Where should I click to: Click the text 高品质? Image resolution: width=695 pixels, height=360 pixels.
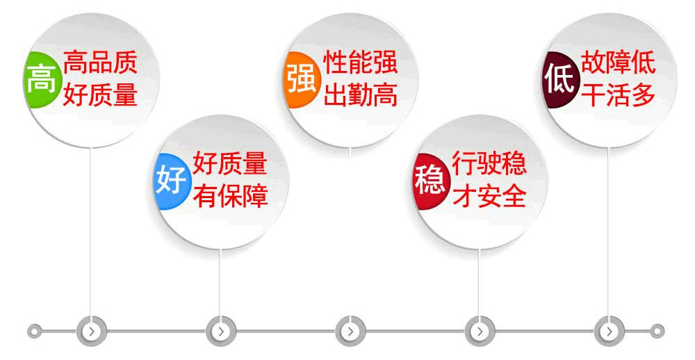100,62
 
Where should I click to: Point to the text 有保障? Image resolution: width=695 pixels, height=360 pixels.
231,197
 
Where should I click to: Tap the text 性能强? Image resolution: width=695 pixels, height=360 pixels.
360,62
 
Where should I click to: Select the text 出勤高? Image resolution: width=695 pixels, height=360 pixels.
360,95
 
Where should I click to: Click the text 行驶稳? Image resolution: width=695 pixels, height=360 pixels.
489,163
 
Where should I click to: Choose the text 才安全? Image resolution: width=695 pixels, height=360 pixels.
489,197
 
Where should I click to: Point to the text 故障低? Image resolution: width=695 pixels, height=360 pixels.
619,62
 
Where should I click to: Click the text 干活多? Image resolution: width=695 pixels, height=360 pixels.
619,95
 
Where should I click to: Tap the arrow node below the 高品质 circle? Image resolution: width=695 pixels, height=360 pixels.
92,332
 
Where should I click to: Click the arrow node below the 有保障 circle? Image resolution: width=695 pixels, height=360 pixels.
221,332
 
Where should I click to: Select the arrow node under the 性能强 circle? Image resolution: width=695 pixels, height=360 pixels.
350,332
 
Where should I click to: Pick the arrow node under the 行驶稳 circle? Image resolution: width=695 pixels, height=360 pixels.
480,332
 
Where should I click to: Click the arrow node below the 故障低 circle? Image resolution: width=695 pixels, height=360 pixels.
609,332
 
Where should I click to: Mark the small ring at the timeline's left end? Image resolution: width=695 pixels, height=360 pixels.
34,332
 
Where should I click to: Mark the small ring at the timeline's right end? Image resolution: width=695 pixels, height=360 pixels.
657,332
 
